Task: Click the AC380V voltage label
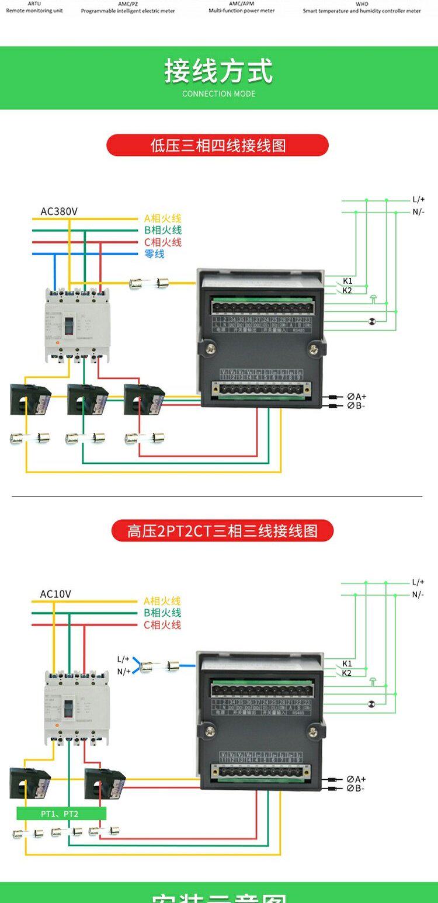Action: click(58, 211)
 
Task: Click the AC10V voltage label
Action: click(55, 594)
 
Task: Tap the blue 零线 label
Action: click(155, 254)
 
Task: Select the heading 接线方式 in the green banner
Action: click(218, 72)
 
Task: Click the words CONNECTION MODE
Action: click(218, 93)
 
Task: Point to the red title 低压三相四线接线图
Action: click(218, 145)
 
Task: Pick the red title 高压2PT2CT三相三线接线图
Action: click(223, 531)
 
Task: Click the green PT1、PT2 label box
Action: click(61, 814)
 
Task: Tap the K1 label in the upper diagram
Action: click(347, 281)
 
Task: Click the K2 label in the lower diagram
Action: click(347, 673)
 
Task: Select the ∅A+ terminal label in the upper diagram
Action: click(357, 397)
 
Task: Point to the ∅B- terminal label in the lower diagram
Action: click(356, 789)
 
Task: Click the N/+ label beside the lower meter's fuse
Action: click(124, 672)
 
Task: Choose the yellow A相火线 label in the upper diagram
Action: click(163, 218)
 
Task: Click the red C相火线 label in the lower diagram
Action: click(162, 625)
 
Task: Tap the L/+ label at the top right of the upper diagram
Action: click(419, 200)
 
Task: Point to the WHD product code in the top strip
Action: click(361, 4)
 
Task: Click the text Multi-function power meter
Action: click(242, 11)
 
